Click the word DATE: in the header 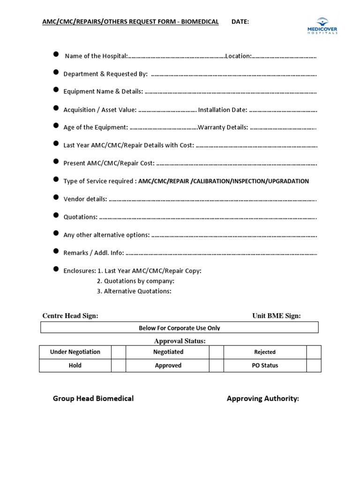coord(240,22)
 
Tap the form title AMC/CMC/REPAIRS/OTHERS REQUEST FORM coord(130,22)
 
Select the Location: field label coord(239,56)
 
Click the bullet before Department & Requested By coord(56,73)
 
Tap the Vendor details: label coord(85,199)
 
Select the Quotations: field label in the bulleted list coord(81,217)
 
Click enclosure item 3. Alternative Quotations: coord(134,291)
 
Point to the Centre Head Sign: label coord(70,315)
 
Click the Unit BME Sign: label coord(277,315)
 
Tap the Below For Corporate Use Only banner coord(179,328)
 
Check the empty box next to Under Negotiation coord(119,352)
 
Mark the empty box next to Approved coord(216,366)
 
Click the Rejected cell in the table coord(265,352)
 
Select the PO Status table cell coord(265,366)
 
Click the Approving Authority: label coord(262,398)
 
